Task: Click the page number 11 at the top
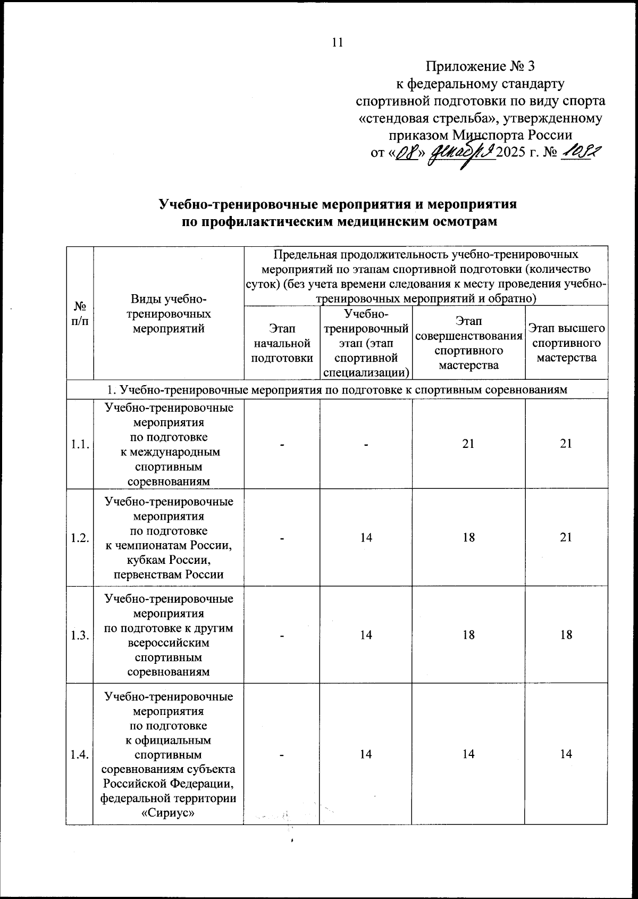337,43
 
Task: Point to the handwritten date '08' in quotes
407,153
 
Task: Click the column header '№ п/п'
80,314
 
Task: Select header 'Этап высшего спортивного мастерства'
566,343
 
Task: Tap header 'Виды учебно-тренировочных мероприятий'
168,314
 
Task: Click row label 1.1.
80,444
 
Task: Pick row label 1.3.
80,635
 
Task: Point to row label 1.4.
80,754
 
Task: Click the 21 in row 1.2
566,537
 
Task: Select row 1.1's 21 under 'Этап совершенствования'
468,444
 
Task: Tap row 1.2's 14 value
366,537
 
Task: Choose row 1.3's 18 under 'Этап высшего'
566,635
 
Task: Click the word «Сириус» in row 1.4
168,813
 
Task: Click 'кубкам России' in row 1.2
168,560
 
